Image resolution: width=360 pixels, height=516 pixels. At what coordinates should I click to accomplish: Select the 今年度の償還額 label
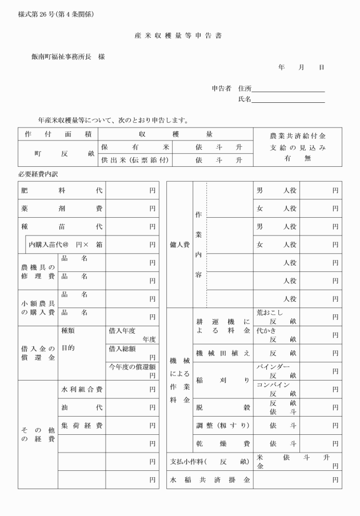(x=132, y=366)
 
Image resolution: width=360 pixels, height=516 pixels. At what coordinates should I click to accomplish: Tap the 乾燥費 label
(x=223, y=443)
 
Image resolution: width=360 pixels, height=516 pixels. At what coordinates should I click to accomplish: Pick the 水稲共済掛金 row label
(x=210, y=480)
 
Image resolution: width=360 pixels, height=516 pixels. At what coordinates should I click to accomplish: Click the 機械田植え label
(x=223, y=353)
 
